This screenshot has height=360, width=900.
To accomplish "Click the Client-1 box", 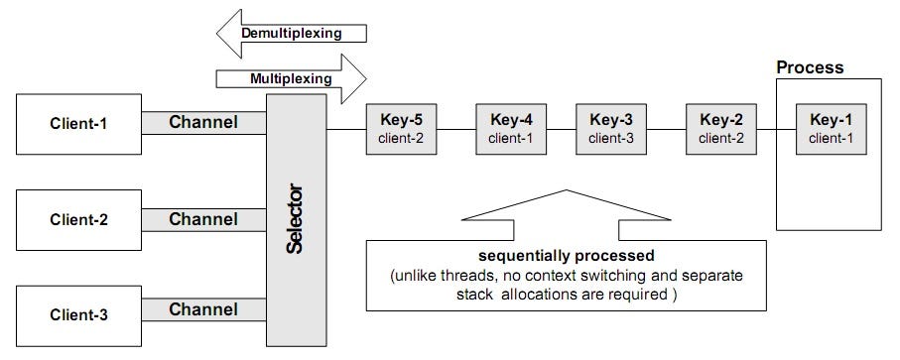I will (x=78, y=124).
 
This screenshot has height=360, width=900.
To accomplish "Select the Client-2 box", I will (x=78, y=218).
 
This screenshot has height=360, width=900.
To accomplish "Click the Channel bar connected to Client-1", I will (x=203, y=123).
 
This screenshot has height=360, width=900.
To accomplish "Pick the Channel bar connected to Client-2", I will (x=203, y=218).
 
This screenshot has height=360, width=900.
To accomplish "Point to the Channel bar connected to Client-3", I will (x=203, y=310).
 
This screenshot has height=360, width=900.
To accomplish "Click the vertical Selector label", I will (x=295, y=218).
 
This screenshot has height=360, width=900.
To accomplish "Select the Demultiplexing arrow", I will (x=291, y=33).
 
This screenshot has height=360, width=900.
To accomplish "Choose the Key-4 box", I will (x=511, y=128).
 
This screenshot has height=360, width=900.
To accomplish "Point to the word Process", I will (x=809, y=67).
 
